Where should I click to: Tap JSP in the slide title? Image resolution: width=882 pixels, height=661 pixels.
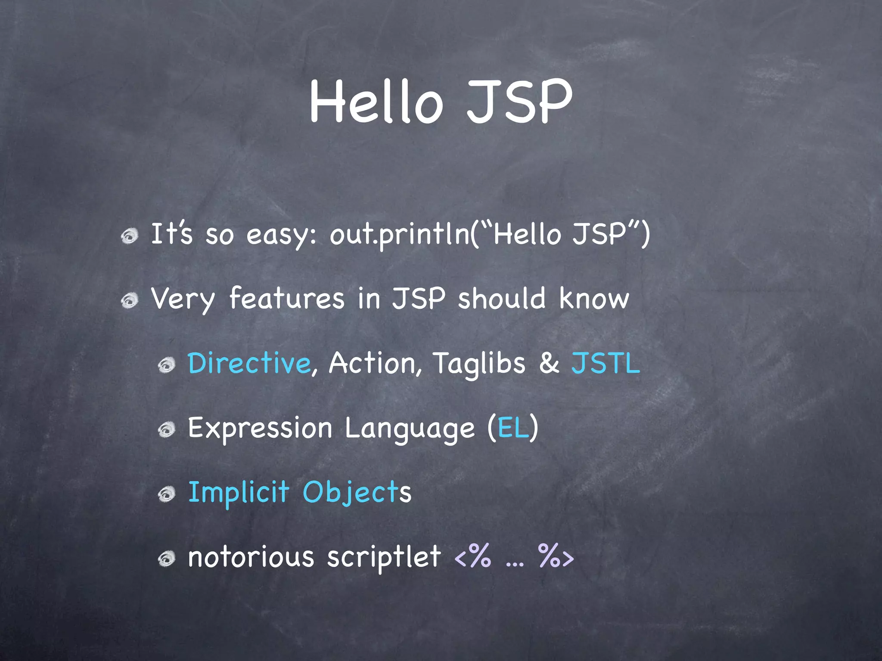(x=520, y=102)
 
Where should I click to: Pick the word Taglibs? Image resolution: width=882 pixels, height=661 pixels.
(x=479, y=364)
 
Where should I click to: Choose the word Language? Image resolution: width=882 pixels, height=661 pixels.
(x=410, y=429)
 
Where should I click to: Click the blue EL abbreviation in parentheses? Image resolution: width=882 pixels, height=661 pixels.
(x=513, y=428)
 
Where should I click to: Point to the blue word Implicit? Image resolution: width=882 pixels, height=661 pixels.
(x=239, y=492)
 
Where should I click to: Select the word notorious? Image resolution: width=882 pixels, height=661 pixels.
(x=251, y=557)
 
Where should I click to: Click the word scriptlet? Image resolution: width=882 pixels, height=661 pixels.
(x=384, y=557)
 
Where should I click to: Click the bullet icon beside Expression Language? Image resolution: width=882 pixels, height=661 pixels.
(x=166, y=429)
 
